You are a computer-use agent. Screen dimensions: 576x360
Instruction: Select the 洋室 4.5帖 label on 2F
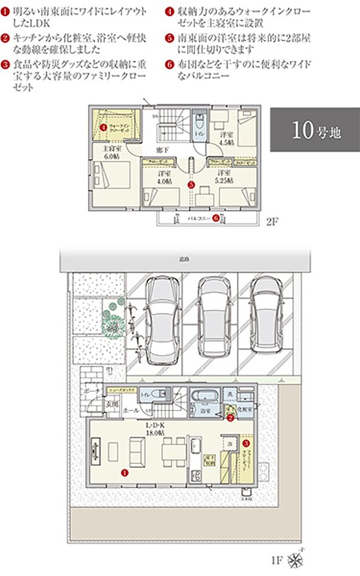[226, 138]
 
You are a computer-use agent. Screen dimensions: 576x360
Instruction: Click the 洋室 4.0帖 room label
[164, 177]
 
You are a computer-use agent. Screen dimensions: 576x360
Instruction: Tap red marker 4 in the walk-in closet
[103, 126]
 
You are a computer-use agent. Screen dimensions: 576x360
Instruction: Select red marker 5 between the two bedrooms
[191, 185]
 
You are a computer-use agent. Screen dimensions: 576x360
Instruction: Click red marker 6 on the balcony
[215, 219]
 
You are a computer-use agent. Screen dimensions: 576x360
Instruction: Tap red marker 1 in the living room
[124, 473]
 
